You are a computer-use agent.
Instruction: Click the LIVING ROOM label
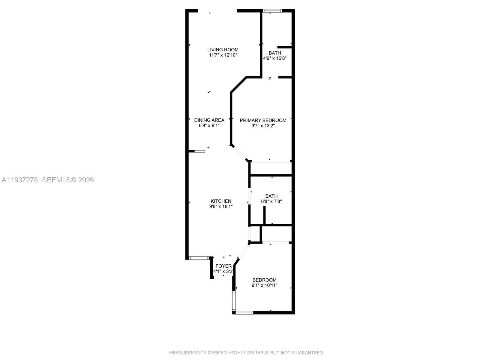[223, 50]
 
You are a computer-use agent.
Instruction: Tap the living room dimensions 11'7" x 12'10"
[223, 55]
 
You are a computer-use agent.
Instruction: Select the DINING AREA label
[209, 120]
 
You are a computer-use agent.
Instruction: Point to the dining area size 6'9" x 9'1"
[209, 126]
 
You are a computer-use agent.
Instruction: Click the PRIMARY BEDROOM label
[263, 120]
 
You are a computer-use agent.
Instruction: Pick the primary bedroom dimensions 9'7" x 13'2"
[263, 126]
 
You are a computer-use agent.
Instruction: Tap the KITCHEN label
[221, 201]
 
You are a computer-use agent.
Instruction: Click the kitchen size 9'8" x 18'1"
[221, 206]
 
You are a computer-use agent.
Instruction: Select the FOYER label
[223, 266]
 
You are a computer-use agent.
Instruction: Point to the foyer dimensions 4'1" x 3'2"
[223, 271]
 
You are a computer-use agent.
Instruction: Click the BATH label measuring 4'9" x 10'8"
[275, 53]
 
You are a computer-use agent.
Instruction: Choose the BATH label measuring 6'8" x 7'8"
[271, 196]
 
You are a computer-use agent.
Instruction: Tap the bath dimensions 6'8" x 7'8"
[271, 202]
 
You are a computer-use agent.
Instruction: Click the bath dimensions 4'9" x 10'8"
[275, 58]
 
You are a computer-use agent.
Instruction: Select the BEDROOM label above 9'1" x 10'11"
[264, 280]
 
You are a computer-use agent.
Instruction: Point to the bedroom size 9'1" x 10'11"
[264, 285]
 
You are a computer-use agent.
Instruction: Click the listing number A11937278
[20, 180]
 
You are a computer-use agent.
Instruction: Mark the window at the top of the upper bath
[272, 11]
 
